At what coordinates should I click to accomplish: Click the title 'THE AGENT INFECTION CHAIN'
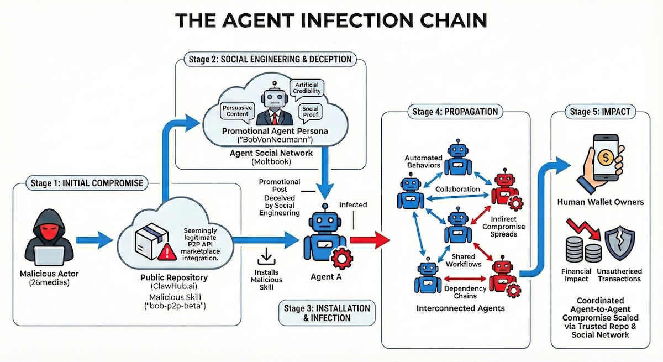coord(331,20)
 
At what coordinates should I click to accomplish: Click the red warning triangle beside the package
coord(165,253)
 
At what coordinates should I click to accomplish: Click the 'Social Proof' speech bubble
coord(311,112)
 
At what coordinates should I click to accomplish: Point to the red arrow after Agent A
coord(368,240)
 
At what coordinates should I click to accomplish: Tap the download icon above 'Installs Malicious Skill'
coord(267,255)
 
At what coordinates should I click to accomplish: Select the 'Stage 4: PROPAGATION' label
coord(455,112)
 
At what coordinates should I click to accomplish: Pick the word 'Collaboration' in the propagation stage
coord(457,189)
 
